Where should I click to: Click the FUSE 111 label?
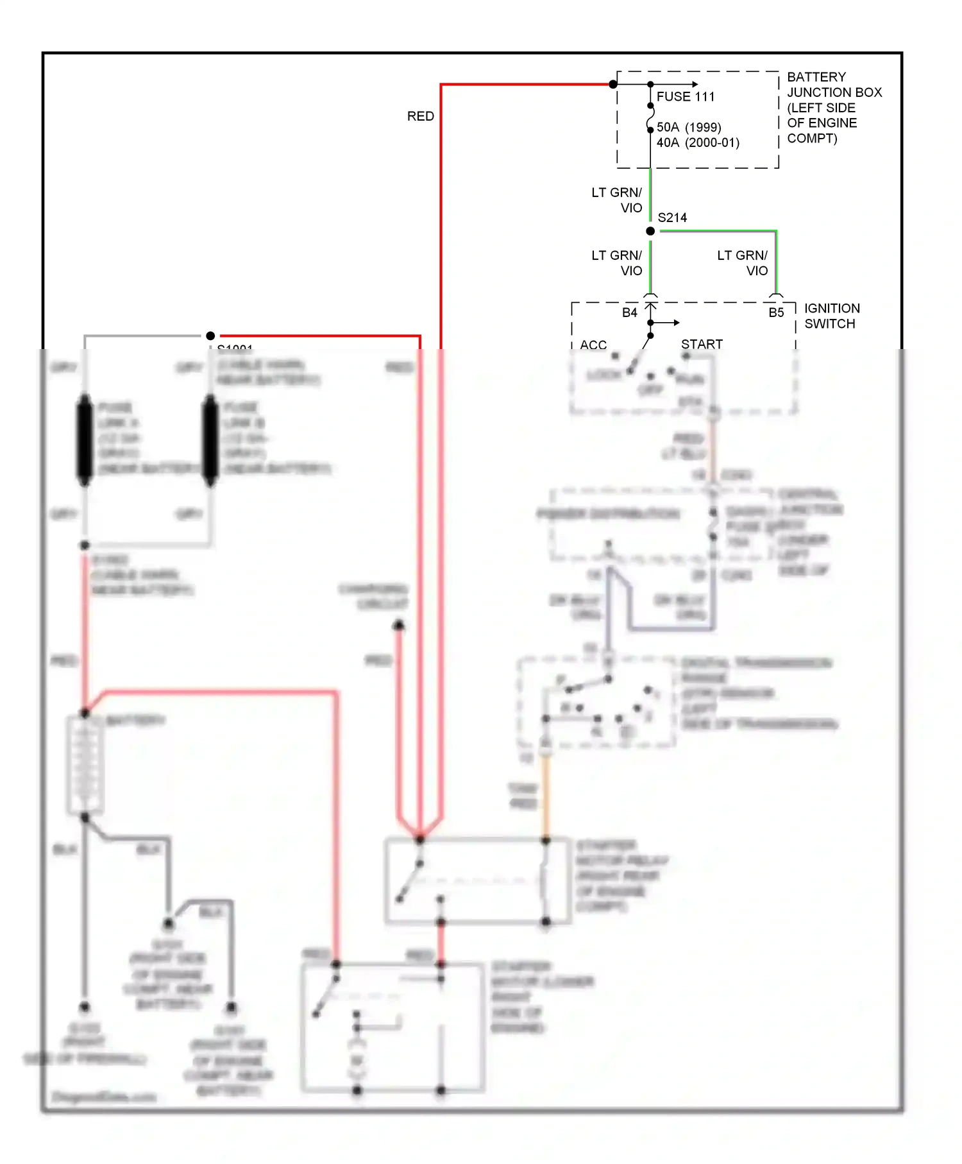(x=685, y=97)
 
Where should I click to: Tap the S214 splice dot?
(x=650, y=231)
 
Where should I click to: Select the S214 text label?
(x=672, y=218)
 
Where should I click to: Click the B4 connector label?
(x=629, y=312)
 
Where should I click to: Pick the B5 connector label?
(x=776, y=312)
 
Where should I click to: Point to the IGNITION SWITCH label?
(x=831, y=316)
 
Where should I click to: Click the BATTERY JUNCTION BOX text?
(x=834, y=107)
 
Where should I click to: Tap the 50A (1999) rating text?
(x=688, y=127)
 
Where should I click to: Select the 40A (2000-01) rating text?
(x=697, y=142)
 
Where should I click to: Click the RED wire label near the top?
(x=420, y=116)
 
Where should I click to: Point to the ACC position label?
(x=593, y=345)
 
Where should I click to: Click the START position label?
(x=702, y=344)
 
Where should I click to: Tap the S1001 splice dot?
(x=210, y=336)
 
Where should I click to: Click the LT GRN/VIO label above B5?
(x=743, y=263)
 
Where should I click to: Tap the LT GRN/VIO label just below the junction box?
(x=616, y=200)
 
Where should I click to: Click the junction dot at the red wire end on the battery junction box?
(x=613, y=84)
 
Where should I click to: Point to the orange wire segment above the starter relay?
(x=546, y=796)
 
